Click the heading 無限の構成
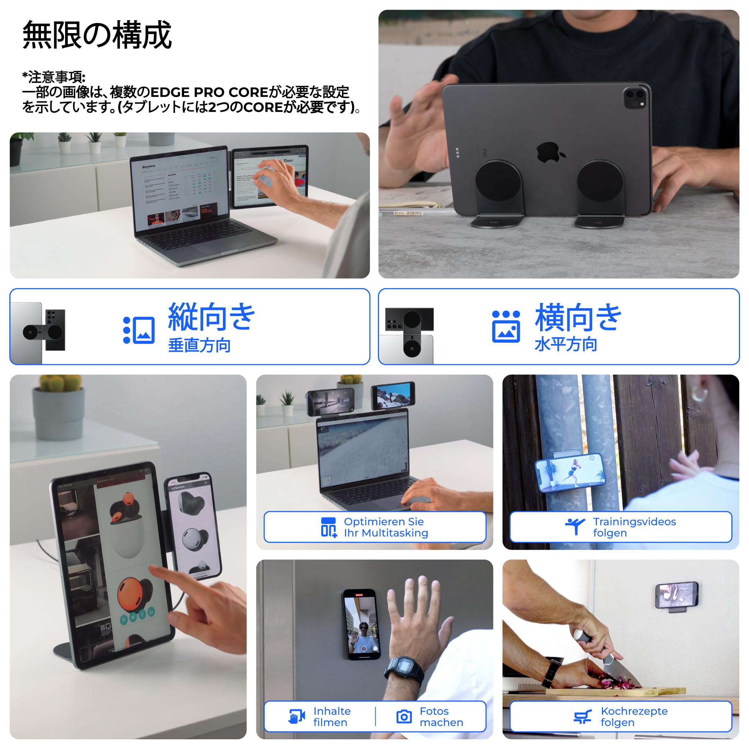tap(97, 35)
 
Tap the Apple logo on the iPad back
tap(550, 152)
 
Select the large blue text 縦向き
tap(211, 317)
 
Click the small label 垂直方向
tap(199, 345)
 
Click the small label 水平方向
tap(566, 344)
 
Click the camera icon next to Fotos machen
tap(404, 717)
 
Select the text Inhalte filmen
tap(332, 716)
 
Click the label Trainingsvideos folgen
tap(634, 527)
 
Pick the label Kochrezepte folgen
tap(634, 716)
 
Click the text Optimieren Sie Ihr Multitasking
tap(386, 527)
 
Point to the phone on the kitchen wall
tap(676, 595)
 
